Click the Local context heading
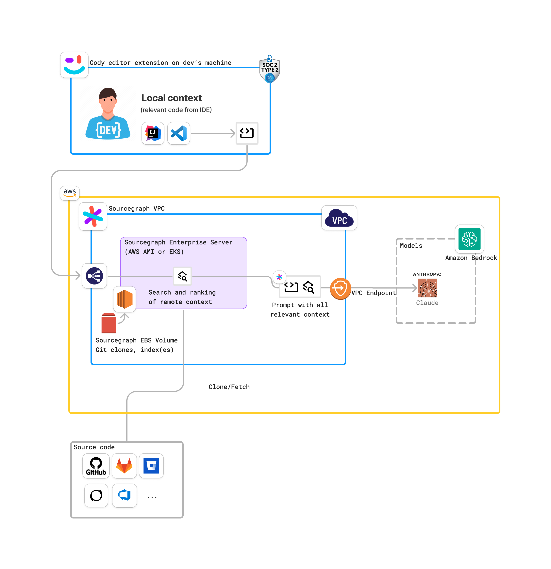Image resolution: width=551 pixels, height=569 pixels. click(x=171, y=98)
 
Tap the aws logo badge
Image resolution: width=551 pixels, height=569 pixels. click(x=70, y=193)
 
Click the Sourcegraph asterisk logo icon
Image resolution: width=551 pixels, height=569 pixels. click(x=93, y=216)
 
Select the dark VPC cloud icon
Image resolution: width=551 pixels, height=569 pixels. click(x=339, y=218)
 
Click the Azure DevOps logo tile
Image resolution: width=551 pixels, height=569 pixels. click(x=125, y=495)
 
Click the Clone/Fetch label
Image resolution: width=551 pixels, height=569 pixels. click(x=229, y=387)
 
